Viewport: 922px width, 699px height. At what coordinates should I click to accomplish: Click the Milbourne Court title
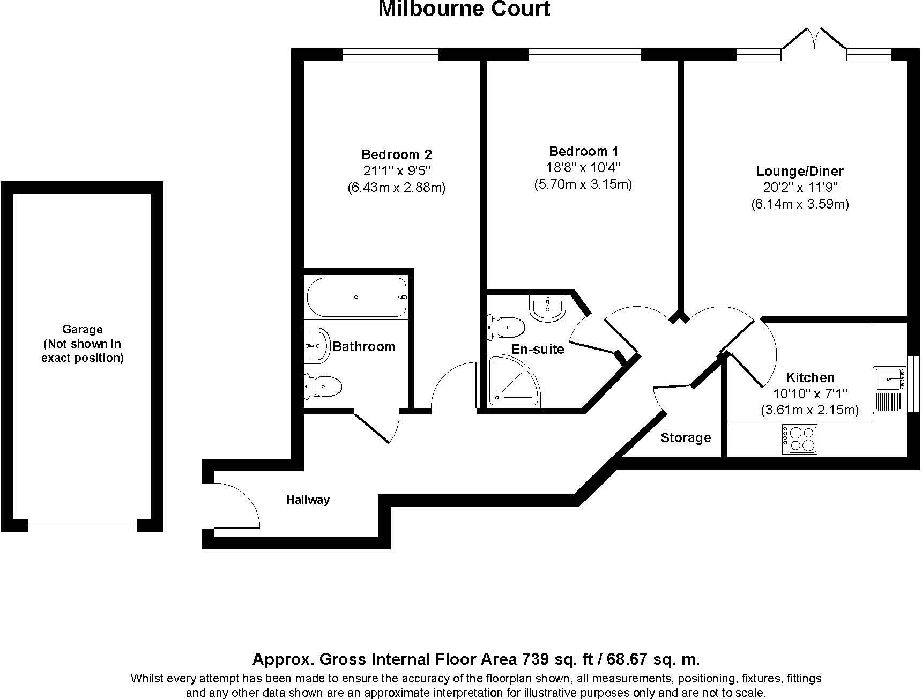point(464,9)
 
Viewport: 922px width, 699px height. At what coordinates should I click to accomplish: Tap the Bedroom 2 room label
point(397,155)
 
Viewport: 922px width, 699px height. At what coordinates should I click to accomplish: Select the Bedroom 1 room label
point(584,152)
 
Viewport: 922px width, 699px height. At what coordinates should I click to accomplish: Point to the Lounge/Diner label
point(800,172)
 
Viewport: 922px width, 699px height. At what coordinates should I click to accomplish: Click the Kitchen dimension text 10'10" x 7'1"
point(811,394)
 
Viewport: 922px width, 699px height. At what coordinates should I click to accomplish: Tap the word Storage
point(686,438)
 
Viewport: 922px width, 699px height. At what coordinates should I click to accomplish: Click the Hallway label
point(308,500)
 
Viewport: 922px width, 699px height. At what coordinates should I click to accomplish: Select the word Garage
point(83,330)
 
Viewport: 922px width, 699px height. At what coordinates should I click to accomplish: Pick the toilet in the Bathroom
point(323,386)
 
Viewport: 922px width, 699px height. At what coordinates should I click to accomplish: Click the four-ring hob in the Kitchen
point(800,440)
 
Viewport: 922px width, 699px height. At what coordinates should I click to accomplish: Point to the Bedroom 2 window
point(390,54)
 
